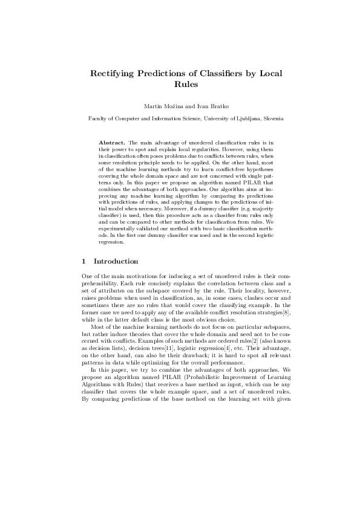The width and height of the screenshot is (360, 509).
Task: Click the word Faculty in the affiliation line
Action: pyautogui.click(x=99, y=119)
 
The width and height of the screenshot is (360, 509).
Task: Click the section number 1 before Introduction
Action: pyautogui.click(x=83, y=261)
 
